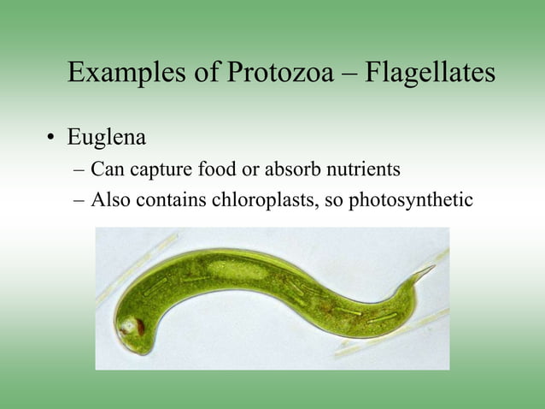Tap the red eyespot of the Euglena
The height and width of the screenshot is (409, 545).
click(x=132, y=328)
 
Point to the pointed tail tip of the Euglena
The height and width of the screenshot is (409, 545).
click(x=432, y=267)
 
